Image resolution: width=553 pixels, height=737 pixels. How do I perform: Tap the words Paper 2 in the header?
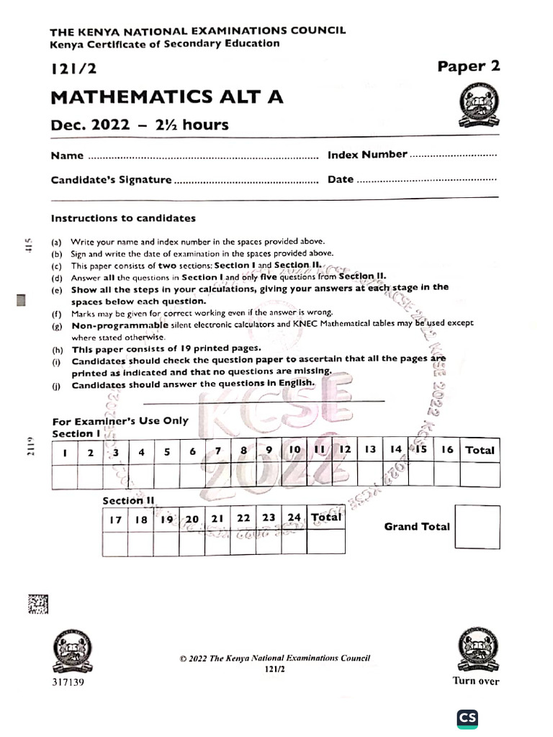point(468,66)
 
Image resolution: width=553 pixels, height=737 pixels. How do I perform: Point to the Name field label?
point(66,155)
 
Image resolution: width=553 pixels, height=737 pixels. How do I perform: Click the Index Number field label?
point(367,155)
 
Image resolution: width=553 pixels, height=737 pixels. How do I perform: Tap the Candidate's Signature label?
point(111,180)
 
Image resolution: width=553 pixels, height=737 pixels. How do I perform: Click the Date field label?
point(341,180)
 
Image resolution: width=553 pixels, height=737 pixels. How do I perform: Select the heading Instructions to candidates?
point(123,218)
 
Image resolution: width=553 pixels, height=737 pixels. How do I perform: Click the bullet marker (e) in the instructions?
point(56,289)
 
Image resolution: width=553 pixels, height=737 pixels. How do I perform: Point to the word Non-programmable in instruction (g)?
point(120,325)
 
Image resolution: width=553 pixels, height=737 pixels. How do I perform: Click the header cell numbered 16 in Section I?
point(447,450)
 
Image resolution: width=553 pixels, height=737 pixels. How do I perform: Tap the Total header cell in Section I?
point(480,450)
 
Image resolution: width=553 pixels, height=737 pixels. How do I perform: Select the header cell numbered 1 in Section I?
point(65,453)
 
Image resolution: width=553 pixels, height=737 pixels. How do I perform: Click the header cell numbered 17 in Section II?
point(115,519)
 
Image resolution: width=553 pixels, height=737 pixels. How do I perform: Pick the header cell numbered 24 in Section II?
point(294,518)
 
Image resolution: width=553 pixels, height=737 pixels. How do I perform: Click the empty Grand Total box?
point(477,527)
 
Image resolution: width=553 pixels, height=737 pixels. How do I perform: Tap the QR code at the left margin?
point(38,604)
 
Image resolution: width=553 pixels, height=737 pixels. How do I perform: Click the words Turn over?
point(475,681)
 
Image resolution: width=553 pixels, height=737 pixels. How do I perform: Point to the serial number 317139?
point(68,682)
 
